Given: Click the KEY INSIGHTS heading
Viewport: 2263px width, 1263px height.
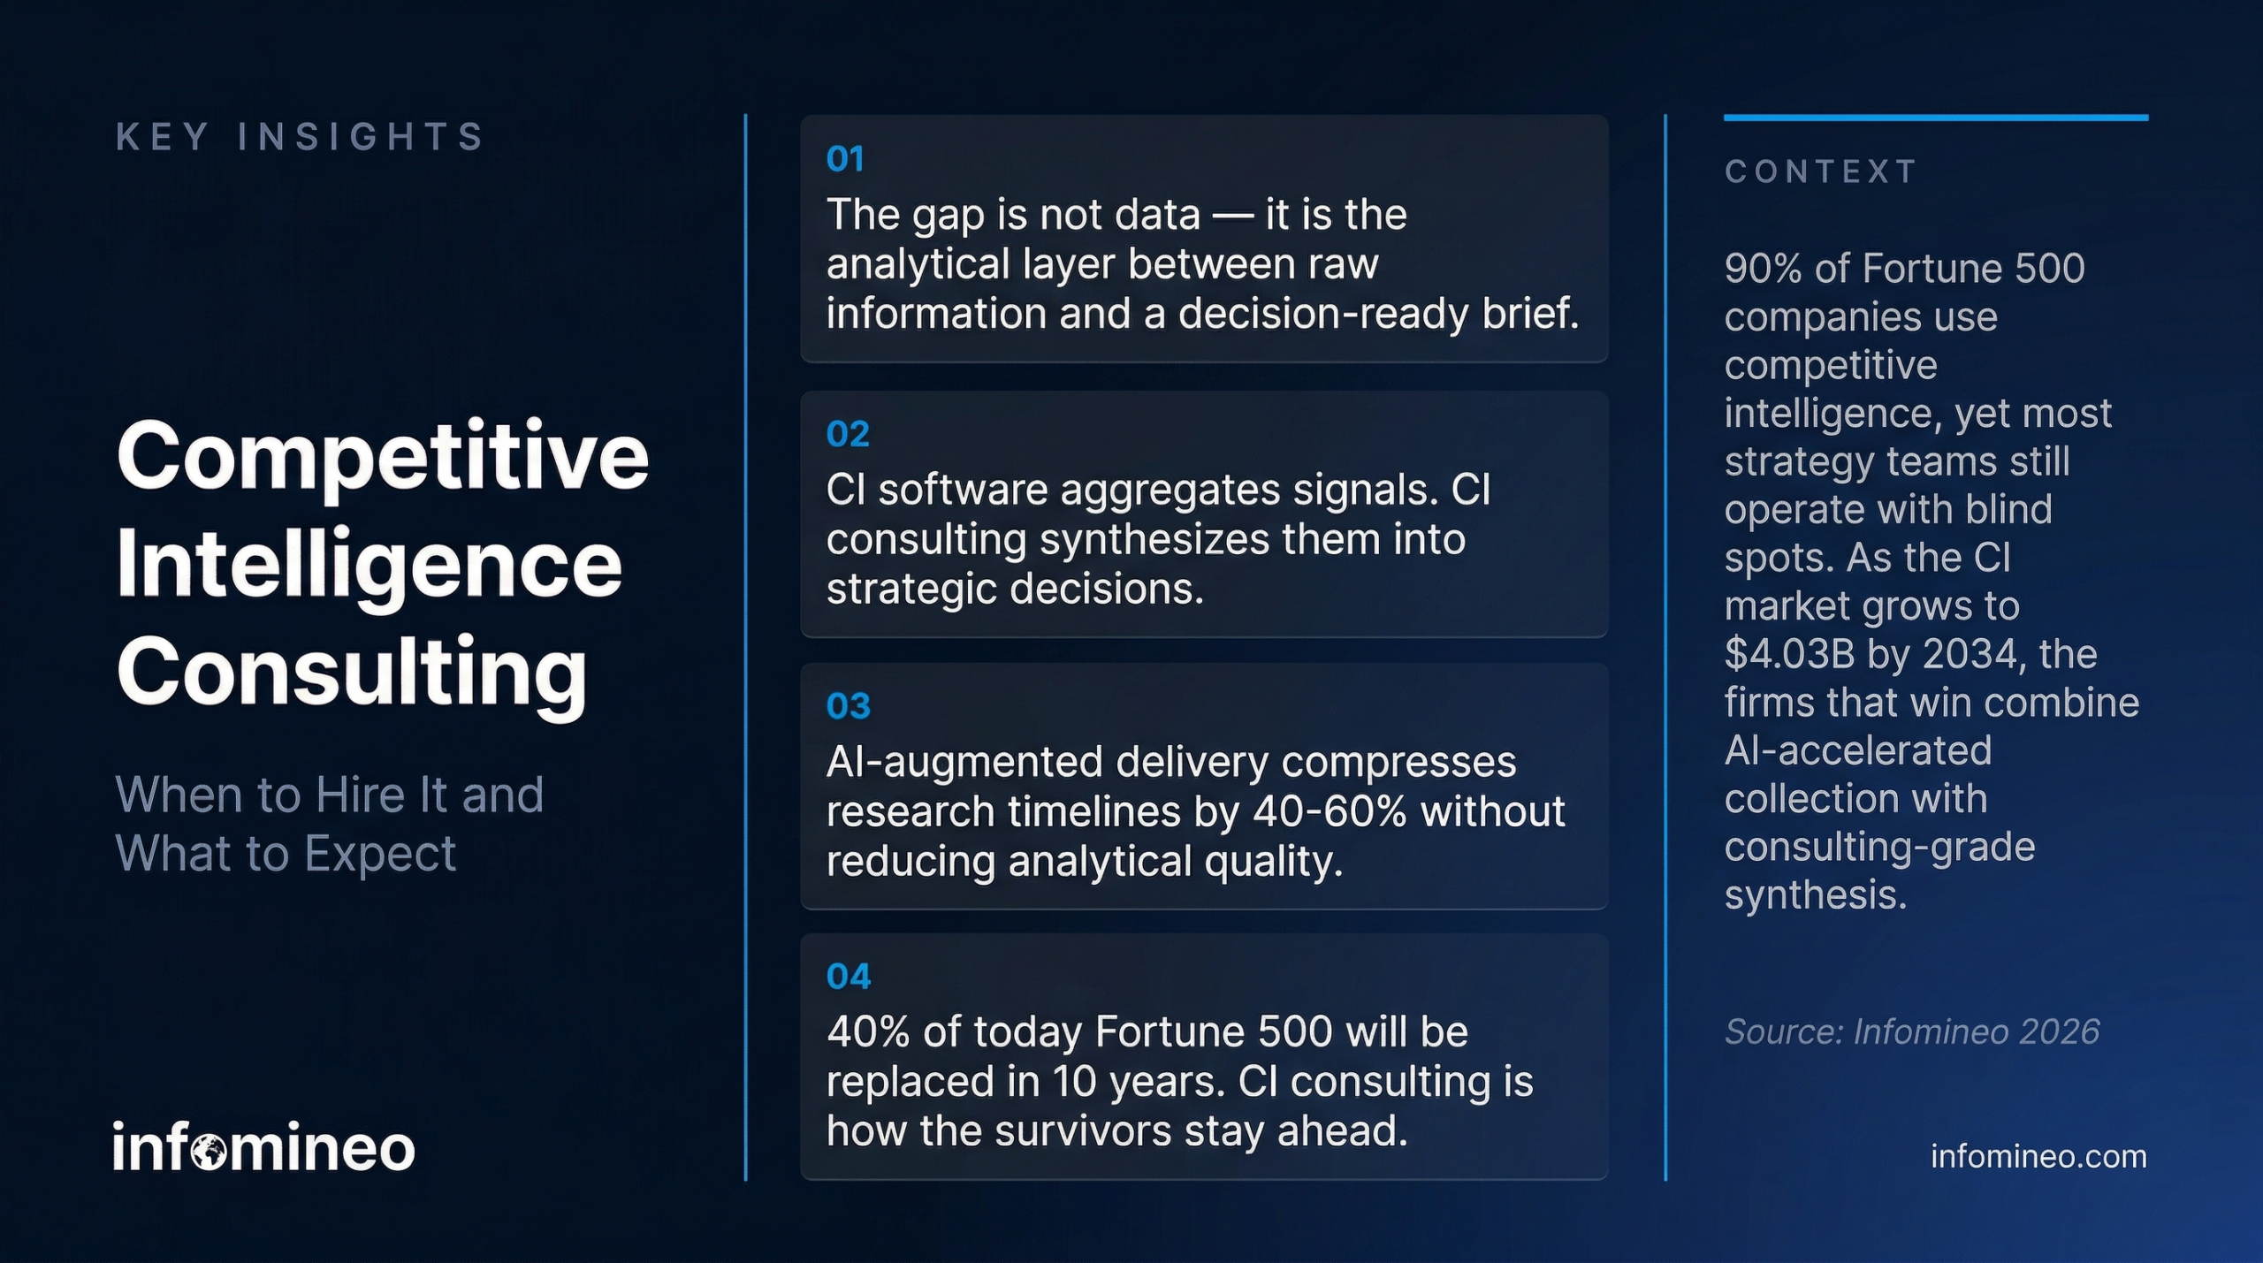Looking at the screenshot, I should (300, 137).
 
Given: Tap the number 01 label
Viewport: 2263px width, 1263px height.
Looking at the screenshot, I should (844, 159).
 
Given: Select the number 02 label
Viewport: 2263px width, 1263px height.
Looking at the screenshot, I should (847, 434).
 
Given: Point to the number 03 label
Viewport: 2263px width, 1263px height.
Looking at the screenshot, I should (847, 706).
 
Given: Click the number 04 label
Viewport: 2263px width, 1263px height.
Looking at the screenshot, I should (847, 977).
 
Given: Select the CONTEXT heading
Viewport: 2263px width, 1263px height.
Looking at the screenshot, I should (1820, 171).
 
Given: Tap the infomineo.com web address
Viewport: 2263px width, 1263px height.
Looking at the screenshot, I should (2038, 1156).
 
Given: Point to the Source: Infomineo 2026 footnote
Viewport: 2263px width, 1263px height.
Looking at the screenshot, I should (1911, 1031).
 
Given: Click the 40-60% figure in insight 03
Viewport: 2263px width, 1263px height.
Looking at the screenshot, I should (1330, 811).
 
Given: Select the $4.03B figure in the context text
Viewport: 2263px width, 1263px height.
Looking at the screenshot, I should (1788, 655).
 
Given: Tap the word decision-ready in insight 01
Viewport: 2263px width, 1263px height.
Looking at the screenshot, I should (1322, 314).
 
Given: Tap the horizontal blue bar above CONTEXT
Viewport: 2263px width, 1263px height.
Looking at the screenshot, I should (1935, 118).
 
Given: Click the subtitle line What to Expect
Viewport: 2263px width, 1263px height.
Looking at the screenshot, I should (286, 854).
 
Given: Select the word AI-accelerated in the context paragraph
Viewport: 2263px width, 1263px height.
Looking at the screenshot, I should (1857, 751).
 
